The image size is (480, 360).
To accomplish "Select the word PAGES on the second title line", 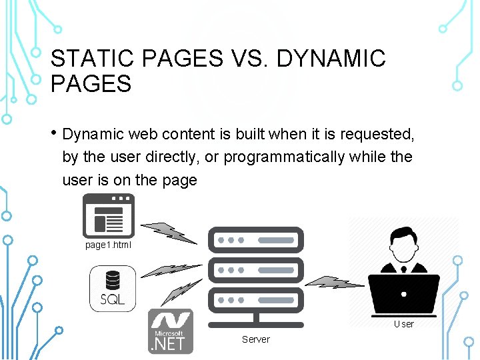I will point(91,85).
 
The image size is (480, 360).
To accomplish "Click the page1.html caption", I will point(109,245).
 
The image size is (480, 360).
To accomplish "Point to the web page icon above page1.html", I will point(108,216).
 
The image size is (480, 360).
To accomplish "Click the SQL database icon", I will point(113,288).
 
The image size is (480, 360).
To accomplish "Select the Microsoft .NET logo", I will point(171,331).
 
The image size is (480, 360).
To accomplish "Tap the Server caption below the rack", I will point(256,339).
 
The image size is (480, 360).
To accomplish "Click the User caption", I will point(403,324).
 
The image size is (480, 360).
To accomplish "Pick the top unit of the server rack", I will point(256,239).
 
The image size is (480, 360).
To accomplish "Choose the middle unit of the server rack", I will point(256,270).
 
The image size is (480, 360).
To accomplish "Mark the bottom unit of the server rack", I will point(256,301).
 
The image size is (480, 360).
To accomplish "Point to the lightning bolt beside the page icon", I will point(169,231).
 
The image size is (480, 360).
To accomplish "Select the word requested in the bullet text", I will point(377,134).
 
